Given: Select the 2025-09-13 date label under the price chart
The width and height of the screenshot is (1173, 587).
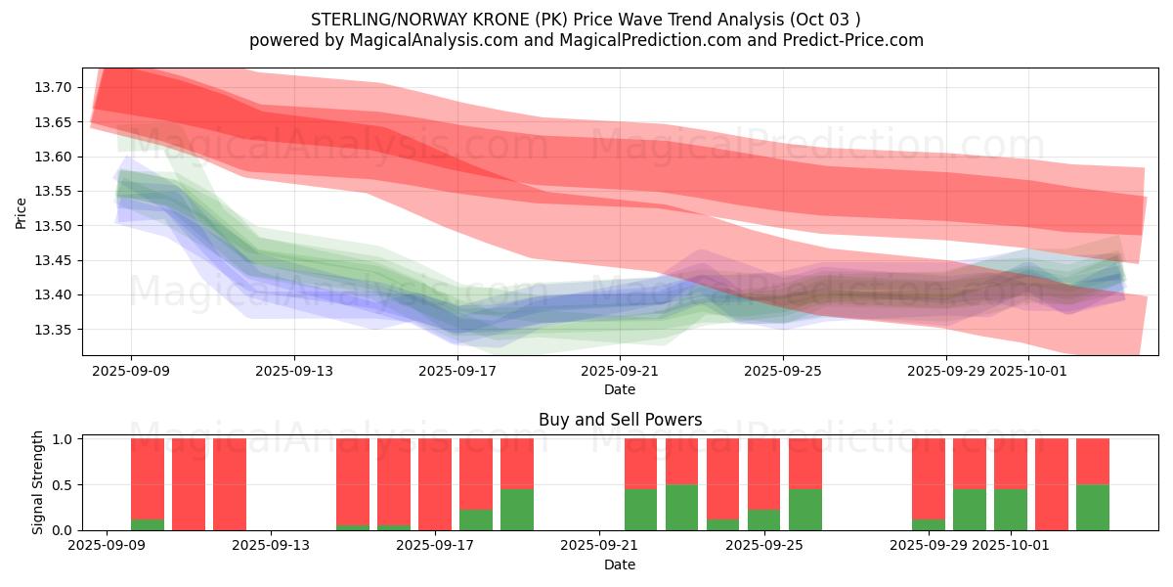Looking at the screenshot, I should point(294,371).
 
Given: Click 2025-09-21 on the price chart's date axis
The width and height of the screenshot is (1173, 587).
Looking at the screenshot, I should point(620,371).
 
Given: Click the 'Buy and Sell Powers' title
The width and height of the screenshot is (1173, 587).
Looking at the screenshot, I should point(620,420).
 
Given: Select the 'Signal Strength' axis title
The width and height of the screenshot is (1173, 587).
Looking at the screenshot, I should point(37,482).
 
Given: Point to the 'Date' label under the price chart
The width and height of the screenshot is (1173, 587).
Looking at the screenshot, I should point(620,389).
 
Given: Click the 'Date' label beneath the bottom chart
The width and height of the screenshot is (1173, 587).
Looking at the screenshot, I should point(620,564).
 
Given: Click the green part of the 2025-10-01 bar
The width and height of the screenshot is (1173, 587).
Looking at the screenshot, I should point(1011,509).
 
